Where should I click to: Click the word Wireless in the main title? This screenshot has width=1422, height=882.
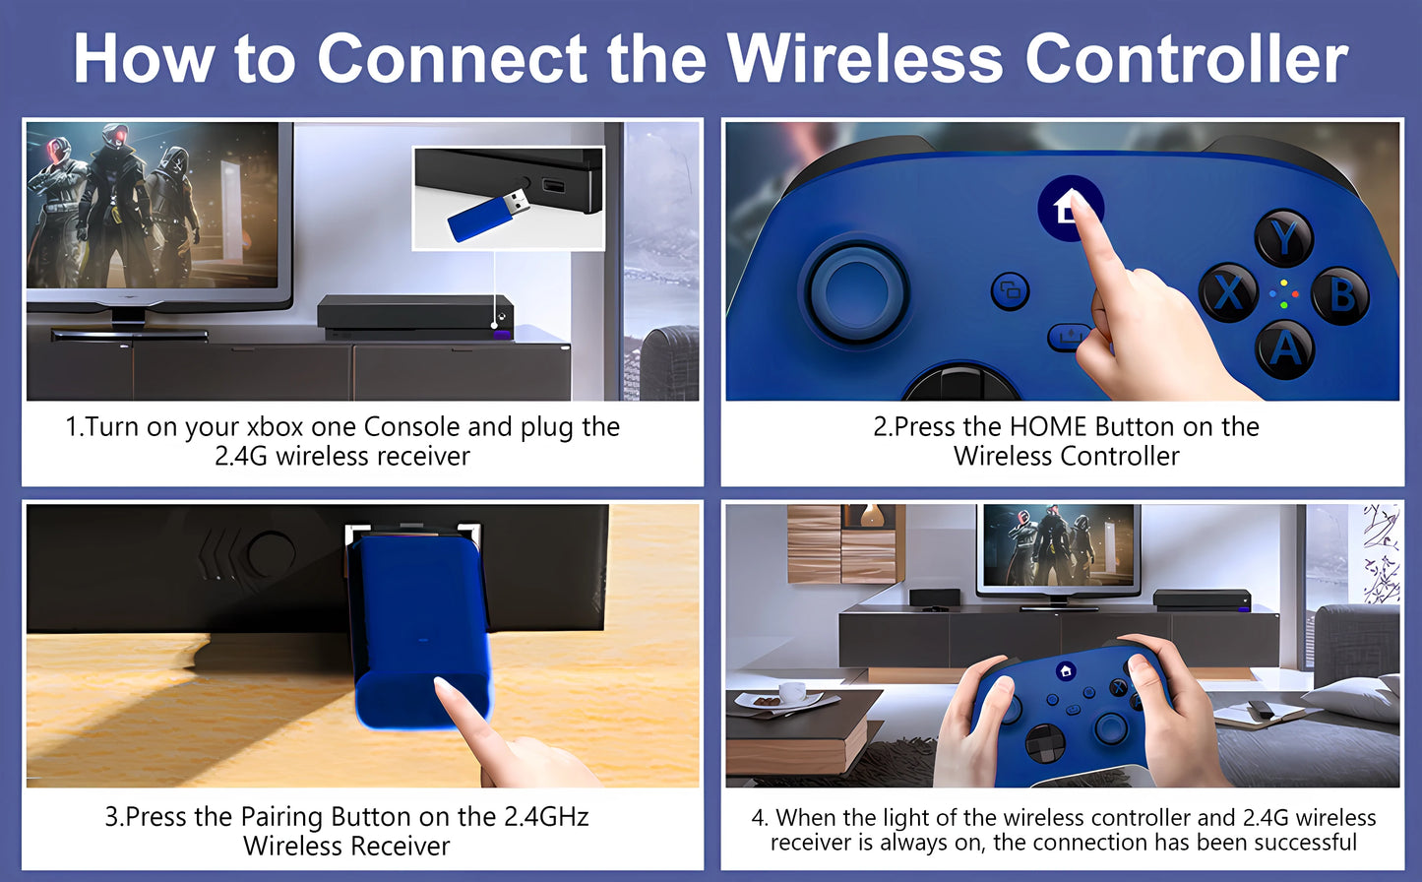[865, 58]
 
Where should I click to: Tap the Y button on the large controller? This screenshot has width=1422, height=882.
[1283, 238]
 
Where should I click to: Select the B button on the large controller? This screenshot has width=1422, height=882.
[1340, 295]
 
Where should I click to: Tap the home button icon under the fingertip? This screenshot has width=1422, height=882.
[1070, 208]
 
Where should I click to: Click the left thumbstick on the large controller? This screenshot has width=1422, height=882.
[856, 291]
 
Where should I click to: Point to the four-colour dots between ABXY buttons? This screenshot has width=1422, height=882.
[1283, 293]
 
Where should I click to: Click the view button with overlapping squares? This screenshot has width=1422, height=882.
[1010, 290]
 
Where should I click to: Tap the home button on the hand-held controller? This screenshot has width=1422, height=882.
[1065, 670]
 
